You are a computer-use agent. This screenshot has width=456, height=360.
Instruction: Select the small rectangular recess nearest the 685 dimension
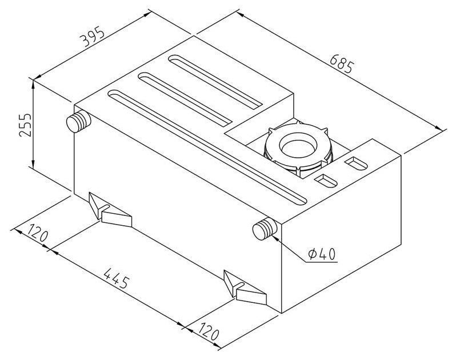point(357,163)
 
